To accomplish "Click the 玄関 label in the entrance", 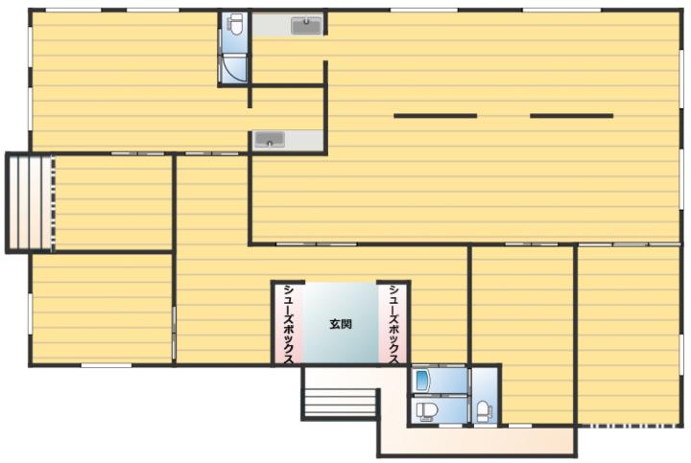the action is pos(341,324).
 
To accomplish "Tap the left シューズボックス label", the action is pos(289,325).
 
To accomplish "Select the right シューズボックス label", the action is pos(394,325).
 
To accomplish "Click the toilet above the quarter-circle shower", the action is pos(236,24).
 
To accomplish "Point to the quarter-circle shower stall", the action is pos(233,70).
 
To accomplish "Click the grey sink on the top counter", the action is pos(307,26).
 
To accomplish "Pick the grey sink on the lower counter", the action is pos(270,140).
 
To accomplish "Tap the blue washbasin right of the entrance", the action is pos(422,381).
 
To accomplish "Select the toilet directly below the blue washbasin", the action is pos(426,410).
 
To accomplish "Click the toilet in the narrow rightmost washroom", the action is pos(484,410).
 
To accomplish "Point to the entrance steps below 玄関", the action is pos(340,402).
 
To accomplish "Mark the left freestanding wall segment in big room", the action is pos(436,116).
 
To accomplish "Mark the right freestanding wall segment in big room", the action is pos(572,116).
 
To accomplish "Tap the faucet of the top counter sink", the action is pos(307,21).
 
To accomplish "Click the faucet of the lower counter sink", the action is pos(270,144).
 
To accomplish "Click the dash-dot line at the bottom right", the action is pos(631,426).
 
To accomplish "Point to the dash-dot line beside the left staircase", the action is pos(54,202).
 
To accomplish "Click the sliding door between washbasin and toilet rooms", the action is pos(469,395).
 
